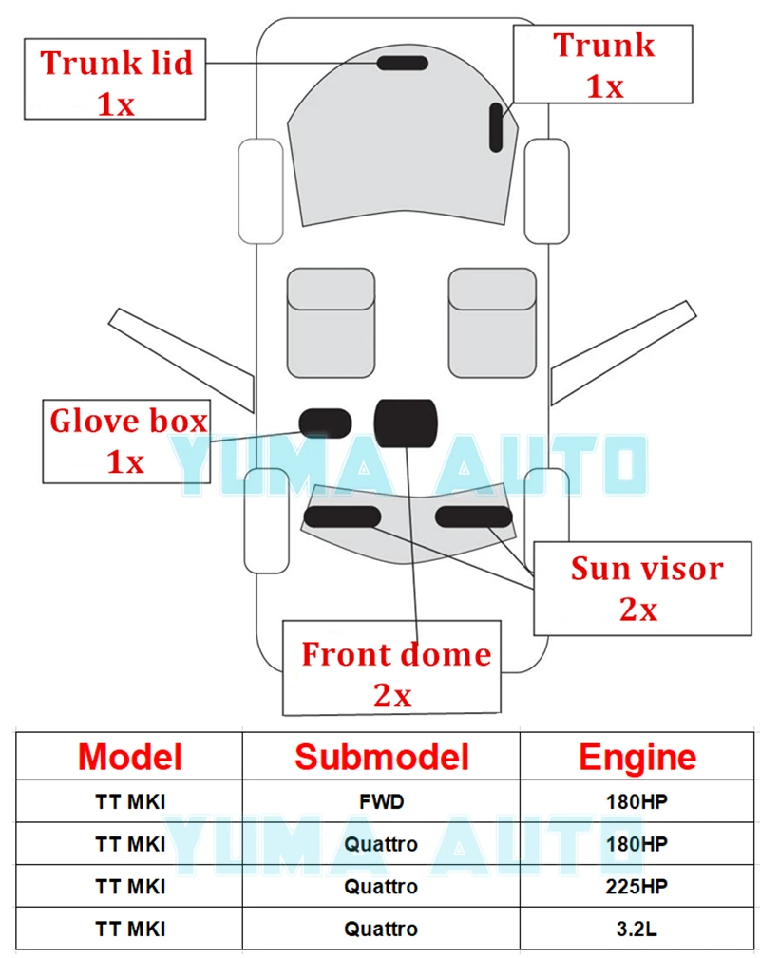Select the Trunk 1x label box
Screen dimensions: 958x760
coord(602,65)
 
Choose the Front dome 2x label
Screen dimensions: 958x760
coord(393,667)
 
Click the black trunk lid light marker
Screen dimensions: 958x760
coord(403,64)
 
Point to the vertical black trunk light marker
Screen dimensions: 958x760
coord(496,128)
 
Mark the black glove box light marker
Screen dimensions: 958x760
coord(325,421)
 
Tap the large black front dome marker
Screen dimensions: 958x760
coord(406,422)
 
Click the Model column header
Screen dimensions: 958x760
coord(130,757)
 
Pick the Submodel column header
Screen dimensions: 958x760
coord(381,757)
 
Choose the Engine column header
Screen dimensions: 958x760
coord(636,757)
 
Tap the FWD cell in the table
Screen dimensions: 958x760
coord(381,801)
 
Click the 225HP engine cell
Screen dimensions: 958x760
coord(636,887)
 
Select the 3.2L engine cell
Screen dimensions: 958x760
coord(636,930)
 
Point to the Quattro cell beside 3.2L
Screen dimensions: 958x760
coord(381,930)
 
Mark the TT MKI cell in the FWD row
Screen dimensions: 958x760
coord(130,801)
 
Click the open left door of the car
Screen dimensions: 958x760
coord(180,356)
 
